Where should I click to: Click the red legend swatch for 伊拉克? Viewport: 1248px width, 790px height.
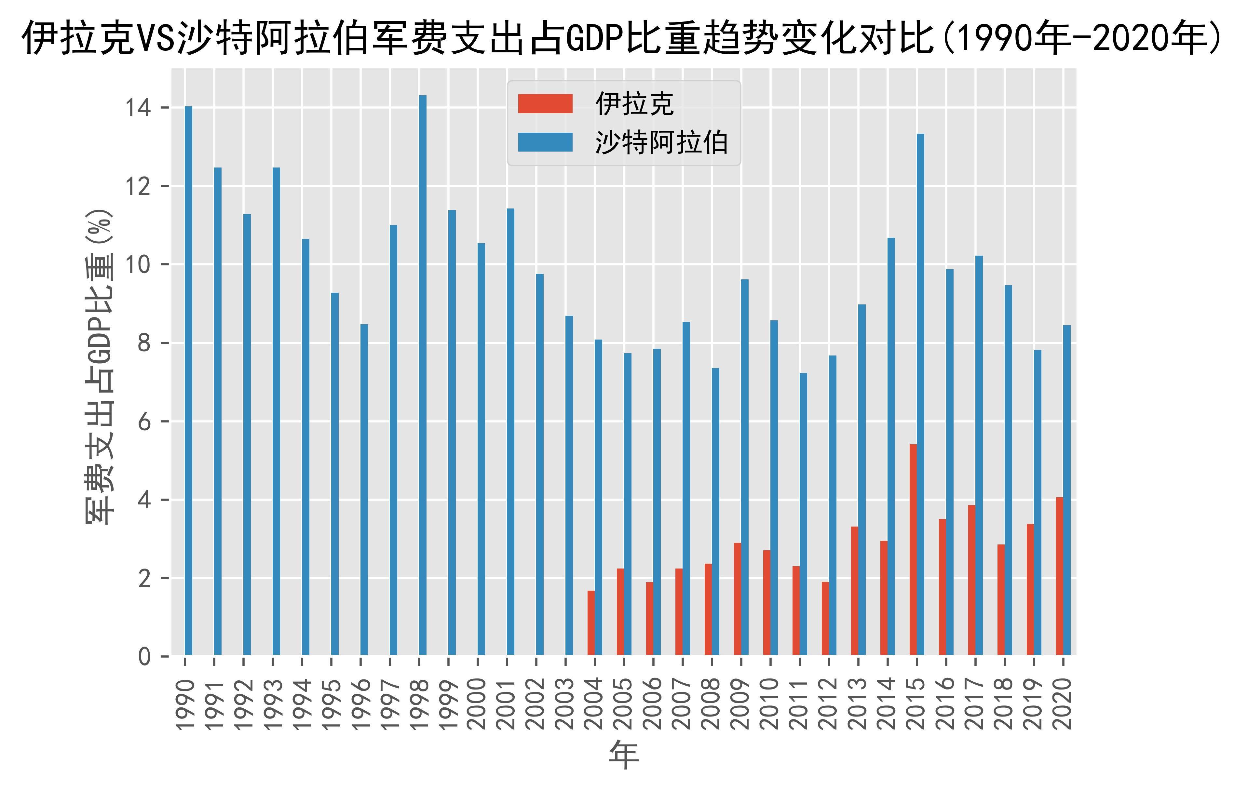[545, 104]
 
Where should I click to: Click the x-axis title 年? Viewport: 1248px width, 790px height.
[624, 755]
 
